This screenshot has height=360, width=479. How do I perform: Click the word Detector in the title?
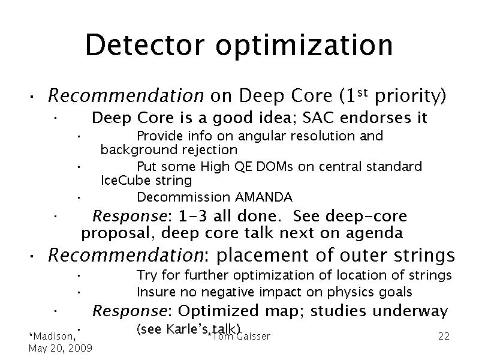(x=145, y=45)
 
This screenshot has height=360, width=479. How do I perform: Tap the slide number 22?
(x=444, y=336)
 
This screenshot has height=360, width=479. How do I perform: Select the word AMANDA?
(x=264, y=197)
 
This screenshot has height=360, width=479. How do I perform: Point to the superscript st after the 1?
(x=362, y=92)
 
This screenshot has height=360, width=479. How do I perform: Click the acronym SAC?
(x=318, y=118)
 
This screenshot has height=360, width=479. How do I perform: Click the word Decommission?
(x=183, y=197)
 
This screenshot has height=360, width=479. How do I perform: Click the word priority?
(x=410, y=97)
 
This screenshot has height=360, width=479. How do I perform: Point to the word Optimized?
(x=218, y=311)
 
